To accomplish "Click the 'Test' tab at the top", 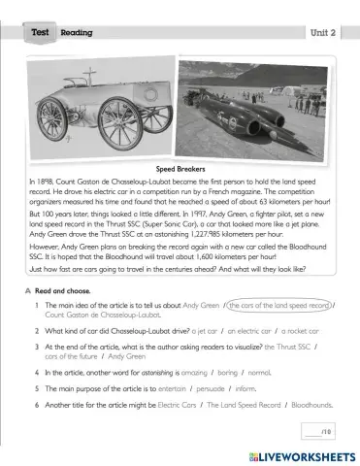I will pyautogui.click(x=40, y=32).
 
